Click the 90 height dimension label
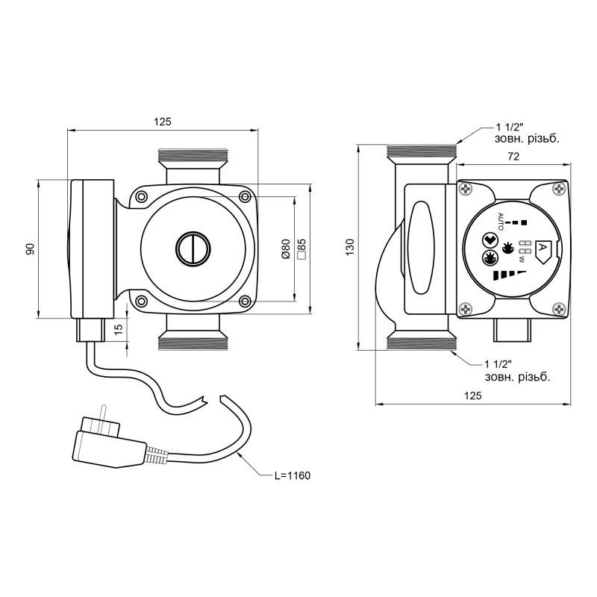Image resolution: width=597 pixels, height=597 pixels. tap(31, 249)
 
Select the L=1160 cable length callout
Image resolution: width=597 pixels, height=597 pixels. tap(293, 475)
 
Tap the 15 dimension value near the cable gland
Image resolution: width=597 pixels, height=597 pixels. tap(119, 329)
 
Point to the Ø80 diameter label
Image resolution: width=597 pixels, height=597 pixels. tap(286, 249)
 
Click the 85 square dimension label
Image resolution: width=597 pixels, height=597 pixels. tap(301, 249)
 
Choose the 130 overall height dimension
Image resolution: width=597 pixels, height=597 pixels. tap(350, 247)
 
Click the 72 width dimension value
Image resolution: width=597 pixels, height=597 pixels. tap(513, 157)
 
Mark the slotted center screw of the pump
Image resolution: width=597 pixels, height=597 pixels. tap(193, 249)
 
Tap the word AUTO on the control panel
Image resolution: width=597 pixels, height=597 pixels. tap(501, 221)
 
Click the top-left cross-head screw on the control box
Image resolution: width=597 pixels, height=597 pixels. tap(466, 189)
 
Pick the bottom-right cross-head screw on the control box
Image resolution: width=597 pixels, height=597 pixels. tap(559, 309)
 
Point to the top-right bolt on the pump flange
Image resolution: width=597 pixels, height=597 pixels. tap(246, 196)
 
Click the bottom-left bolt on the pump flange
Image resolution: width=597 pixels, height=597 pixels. tap(141, 301)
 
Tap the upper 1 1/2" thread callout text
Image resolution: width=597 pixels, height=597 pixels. tap(527, 133)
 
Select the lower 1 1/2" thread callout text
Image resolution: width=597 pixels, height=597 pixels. tap(517, 371)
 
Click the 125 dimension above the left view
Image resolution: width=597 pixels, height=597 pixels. tap(163, 122)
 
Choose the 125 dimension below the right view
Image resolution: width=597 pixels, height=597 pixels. tap(473, 396)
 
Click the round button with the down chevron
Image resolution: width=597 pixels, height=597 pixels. tap(490, 240)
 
